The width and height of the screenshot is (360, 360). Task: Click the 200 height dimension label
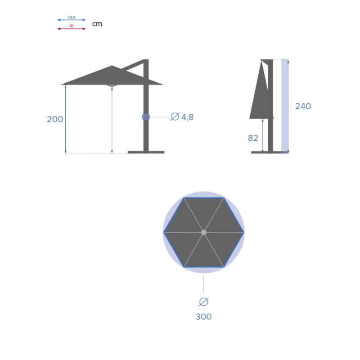pos(55,119)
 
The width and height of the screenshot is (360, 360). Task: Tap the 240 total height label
pos(303,106)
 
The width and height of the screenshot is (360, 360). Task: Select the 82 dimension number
pos(253,138)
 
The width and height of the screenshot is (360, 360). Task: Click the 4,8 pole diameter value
pos(187,117)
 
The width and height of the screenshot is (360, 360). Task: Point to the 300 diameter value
pos(203,316)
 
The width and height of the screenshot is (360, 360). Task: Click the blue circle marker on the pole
pos(146,117)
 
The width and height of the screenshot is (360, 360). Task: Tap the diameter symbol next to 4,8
pos(175,117)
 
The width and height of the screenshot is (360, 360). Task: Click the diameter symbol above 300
pos(203,302)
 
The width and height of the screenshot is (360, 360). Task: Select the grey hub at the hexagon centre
pos(203,232)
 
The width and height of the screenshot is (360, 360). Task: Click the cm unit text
pos(97,24)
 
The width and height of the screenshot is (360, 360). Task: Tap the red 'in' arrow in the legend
pos(71,28)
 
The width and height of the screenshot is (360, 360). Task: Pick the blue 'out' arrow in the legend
pos(71,19)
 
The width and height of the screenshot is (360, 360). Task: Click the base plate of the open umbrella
pos(146,152)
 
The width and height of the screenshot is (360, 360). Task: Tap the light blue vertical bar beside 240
pos(284,106)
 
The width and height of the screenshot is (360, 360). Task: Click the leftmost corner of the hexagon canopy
pos(164,232)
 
